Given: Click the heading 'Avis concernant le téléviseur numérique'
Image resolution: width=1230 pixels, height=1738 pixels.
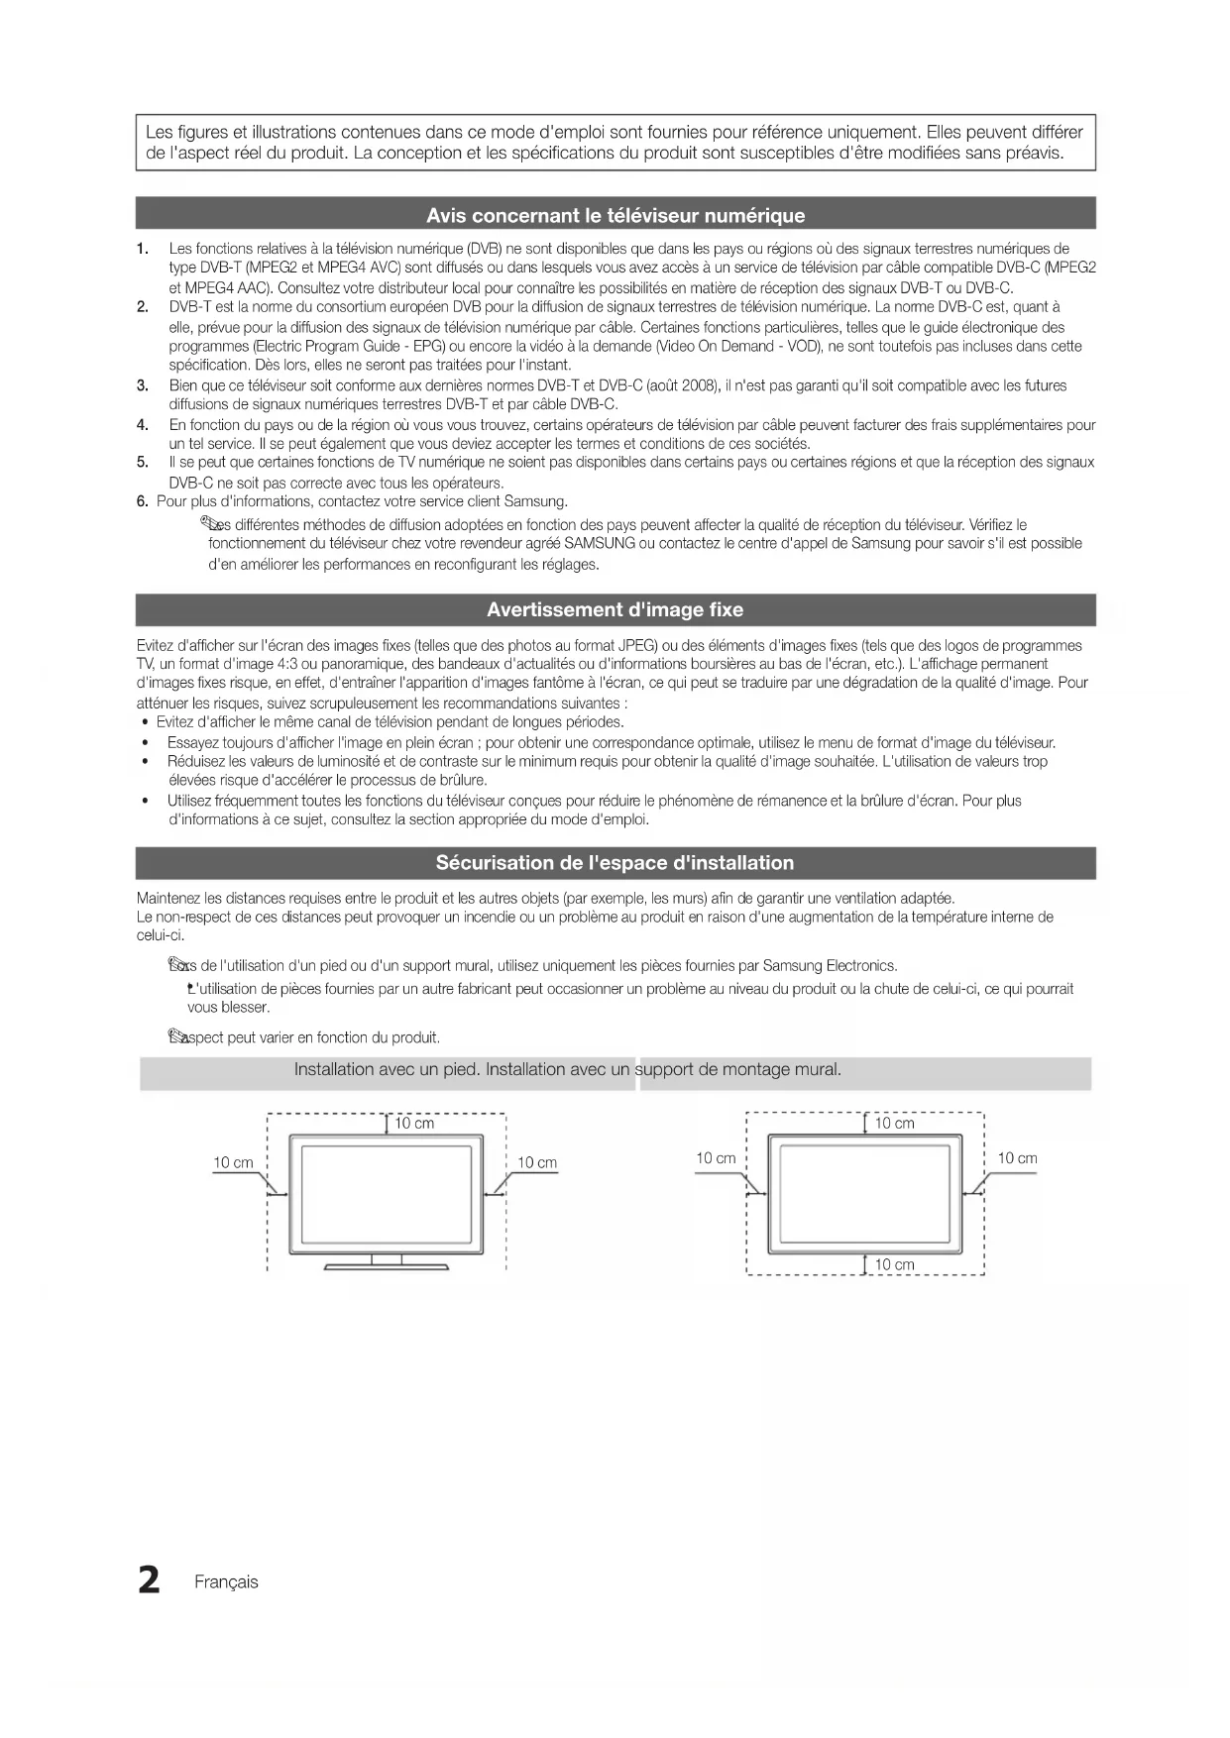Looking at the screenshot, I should (615, 215).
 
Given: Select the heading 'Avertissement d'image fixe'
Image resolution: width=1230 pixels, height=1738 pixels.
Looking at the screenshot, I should (615, 609).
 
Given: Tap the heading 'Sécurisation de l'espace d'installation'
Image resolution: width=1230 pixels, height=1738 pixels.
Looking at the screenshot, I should (615, 863).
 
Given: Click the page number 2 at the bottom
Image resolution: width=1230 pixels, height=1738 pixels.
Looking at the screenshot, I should (149, 1580).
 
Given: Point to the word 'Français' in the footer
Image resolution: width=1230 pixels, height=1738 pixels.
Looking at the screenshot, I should (226, 1582).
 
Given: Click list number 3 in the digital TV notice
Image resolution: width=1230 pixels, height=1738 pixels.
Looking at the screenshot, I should (143, 385).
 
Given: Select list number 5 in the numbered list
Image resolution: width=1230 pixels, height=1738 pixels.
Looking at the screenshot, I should (143, 462).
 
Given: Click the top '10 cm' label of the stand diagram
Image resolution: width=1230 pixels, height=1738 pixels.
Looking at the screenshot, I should (414, 1124).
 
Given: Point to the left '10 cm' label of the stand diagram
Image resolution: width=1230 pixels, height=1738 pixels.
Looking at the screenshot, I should (233, 1163).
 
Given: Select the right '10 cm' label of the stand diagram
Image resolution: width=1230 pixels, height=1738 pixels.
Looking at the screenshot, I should (537, 1163).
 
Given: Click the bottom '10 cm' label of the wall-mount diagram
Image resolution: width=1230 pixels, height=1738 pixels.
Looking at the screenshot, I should (894, 1265).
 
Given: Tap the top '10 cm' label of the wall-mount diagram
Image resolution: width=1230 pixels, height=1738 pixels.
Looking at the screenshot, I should (894, 1124).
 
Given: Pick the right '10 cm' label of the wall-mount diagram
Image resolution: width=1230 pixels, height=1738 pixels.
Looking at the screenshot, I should (1017, 1158).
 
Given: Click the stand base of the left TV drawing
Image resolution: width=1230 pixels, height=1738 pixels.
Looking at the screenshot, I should (387, 1265).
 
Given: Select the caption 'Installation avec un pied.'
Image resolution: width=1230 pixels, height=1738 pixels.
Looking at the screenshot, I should (388, 1070).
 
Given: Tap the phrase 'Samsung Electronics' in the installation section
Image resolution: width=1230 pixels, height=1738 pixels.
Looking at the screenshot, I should (830, 966).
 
